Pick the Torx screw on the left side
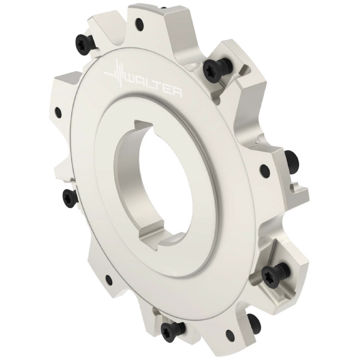click(69, 199)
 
